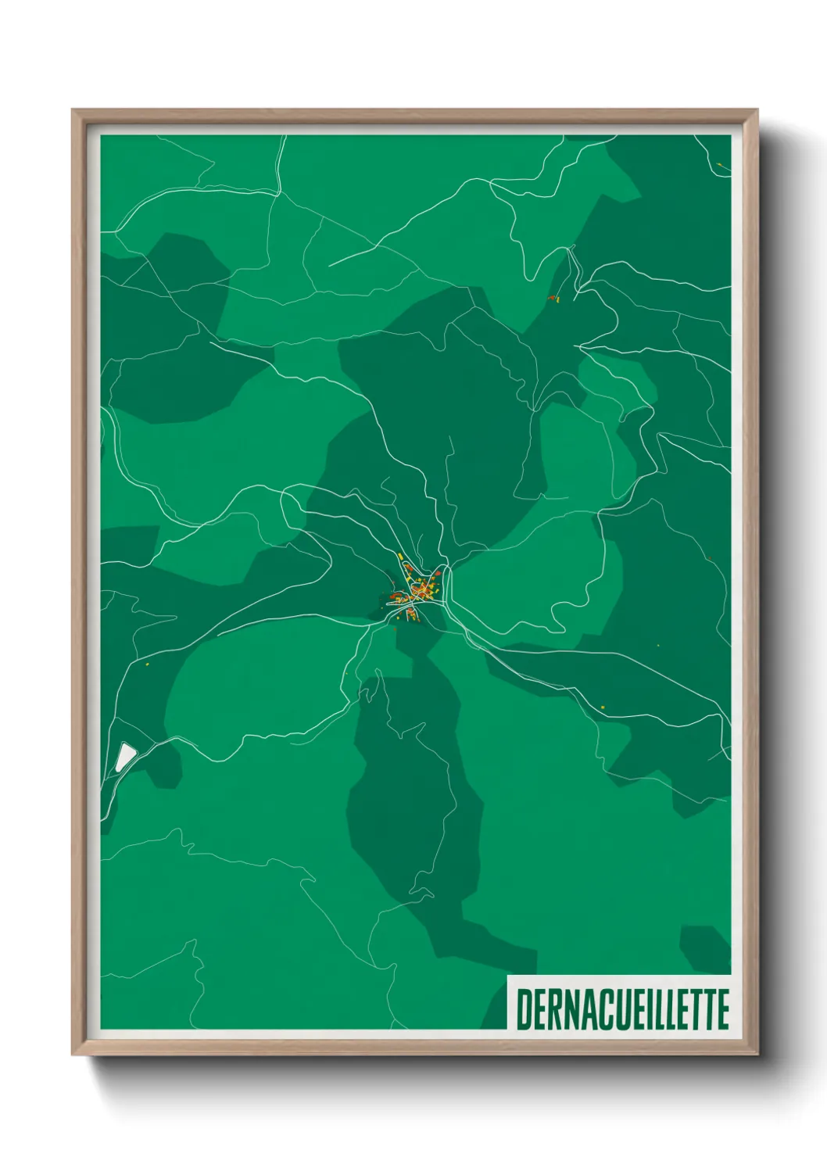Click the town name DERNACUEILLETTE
click(622, 1009)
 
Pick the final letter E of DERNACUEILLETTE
click(722, 1009)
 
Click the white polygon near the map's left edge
click(125, 756)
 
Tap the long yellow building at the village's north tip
click(400, 557)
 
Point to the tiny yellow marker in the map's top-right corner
click(718, 164)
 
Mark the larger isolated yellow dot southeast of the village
click(603, 707)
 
